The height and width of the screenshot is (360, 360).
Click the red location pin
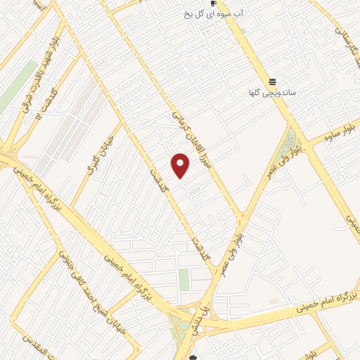[x=181, y=165]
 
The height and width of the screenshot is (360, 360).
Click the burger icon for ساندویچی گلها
[x=271, y=82]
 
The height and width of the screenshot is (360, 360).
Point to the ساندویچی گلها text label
[x=271, y=93]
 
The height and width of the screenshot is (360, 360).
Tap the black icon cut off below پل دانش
[x=193, y=357]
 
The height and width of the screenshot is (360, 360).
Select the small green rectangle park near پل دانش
[x=184, y=280]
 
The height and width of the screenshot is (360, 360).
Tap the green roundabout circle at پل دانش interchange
[x=184, y=325]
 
